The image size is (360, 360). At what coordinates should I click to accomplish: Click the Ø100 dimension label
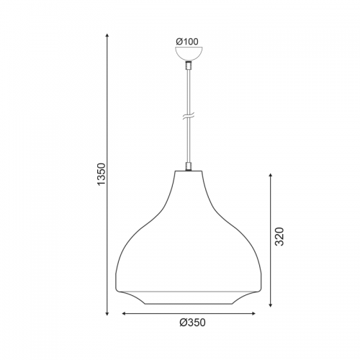pyautogui.click(x=187, y=42)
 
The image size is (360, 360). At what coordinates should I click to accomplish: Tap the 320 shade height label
pyautogui.click(x=279, y=236)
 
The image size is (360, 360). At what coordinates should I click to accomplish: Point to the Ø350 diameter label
pyautogui.click(x=192, y=323)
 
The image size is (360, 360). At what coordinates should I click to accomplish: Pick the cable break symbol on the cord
pyautogui.click(x=189, y=117)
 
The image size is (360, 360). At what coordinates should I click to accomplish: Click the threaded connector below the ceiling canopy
pyautogui.click(x=189, y=66)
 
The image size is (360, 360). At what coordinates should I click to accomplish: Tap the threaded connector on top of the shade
pyautogui.click(x=189, y=166)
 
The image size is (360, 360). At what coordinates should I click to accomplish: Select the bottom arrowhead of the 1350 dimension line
pyautogui.click(x=107, y=313)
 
